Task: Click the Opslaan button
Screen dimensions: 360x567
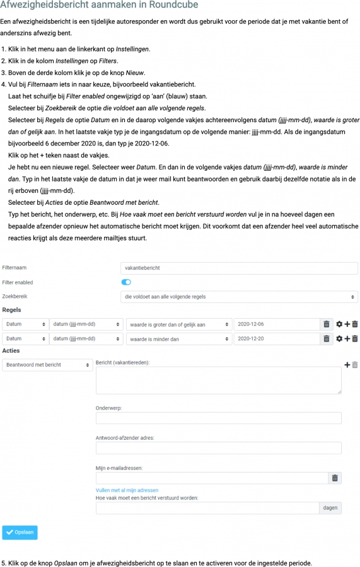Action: click(20, 532)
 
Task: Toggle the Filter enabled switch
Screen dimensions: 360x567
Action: click(126, 282)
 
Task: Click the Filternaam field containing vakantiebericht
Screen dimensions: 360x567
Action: click(239, 268)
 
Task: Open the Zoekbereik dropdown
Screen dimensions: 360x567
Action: click(239, 297)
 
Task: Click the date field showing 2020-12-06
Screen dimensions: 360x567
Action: click(276, 324)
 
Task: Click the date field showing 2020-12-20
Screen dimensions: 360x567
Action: click(276, 338)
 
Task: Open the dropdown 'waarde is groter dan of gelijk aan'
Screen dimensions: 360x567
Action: click(179, 324)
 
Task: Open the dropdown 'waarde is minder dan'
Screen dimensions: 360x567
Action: click(179, 338)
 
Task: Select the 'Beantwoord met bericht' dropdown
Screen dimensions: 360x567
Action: click(48, 365)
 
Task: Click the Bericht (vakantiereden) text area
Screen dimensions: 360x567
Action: click(218, 381)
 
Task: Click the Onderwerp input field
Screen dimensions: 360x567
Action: click(218, 418)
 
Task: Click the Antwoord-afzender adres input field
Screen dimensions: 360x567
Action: click(218, 448)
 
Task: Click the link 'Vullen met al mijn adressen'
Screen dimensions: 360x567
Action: click(127, 490)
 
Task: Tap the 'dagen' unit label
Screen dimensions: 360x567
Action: click(330, 508)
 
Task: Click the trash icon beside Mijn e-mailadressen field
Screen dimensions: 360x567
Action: click(335, 478)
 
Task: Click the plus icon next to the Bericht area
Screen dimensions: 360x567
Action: click(346, 365)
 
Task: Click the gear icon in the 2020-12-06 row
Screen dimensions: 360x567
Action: click(339, 324)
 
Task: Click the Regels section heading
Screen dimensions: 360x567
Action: click(12, 310)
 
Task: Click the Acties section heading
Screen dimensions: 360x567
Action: click(11, 350)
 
